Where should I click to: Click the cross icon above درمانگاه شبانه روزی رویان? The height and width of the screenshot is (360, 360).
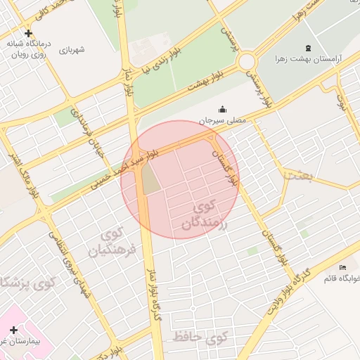click(x=28, y=33)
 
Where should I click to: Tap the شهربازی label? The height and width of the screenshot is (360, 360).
click(x=72, y=50)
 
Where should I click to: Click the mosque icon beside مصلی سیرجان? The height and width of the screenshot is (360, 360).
click(x=223, y=109)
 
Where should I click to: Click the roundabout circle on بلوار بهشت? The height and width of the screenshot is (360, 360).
click(x=246, y=62)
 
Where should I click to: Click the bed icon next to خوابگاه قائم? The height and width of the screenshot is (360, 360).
click(x=343, y=268)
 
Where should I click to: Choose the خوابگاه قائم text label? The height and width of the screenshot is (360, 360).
click(x=340, y=278)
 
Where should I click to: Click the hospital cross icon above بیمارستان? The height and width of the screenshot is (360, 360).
click(x=13, y=329)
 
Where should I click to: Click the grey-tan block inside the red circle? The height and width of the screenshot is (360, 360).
click(x=152, y=182)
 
